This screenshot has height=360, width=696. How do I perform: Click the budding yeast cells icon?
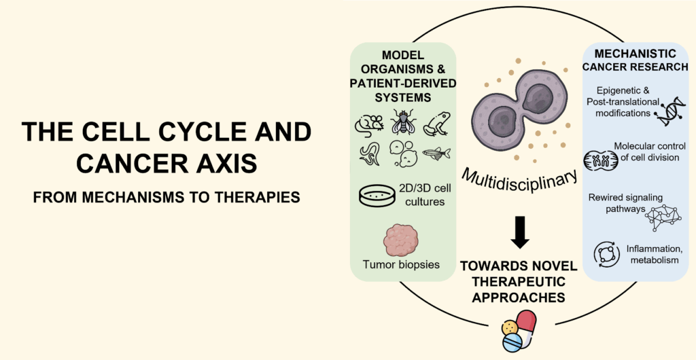[x=402, y=154]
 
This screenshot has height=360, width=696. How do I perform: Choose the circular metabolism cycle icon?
[x=604, y=254]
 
